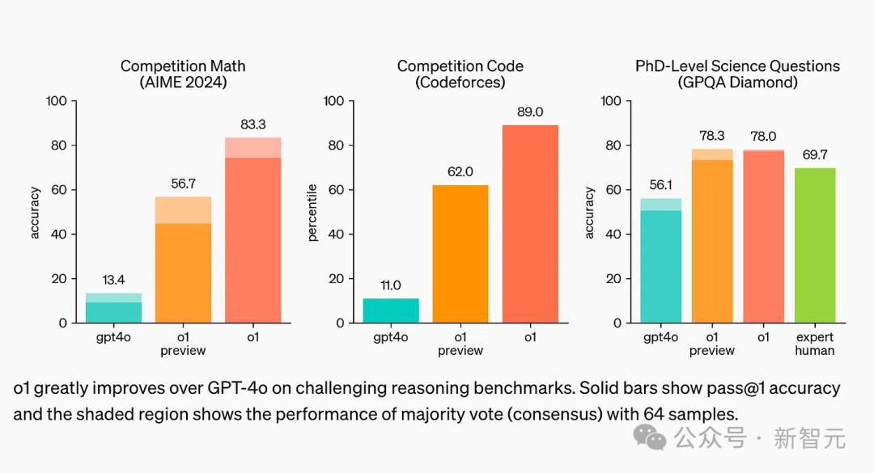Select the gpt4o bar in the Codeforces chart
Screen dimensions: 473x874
click(x=391, y=310)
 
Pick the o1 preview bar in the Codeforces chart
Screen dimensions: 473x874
click(x=460, y=254)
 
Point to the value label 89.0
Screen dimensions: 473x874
click(x=530, y=112)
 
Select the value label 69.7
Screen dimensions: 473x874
click(x=814, y=155)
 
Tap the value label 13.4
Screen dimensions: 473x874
click(x=113, y=281)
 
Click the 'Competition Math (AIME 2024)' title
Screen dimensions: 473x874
click(x=183, y=74)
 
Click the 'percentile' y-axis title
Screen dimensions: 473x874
click(x=312, y=212)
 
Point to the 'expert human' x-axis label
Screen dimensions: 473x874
click(x=814, y=344)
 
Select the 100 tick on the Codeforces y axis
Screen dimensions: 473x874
click(x=333, y=101)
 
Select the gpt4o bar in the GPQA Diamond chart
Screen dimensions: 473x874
click(x=660, y=260)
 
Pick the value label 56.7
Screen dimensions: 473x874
click(x=183, y=184)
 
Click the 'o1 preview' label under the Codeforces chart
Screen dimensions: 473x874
click(x=460, y=344)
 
